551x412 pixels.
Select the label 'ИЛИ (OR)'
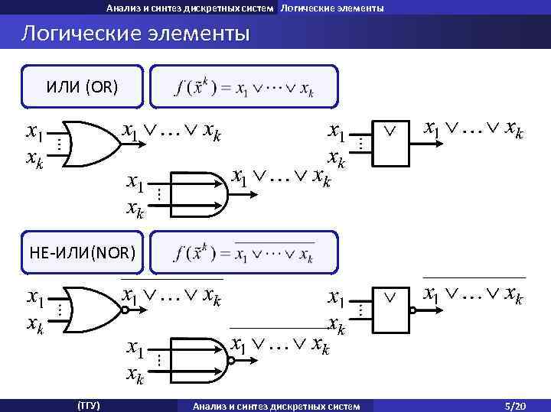(x=82, y=86)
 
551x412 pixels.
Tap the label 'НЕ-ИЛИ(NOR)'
(x=82, y=251)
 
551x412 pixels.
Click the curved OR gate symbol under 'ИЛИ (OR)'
(x=90, y=144)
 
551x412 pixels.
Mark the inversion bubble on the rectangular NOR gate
(x=412, y=310)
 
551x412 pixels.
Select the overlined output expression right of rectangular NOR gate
(x=474, y=294)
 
